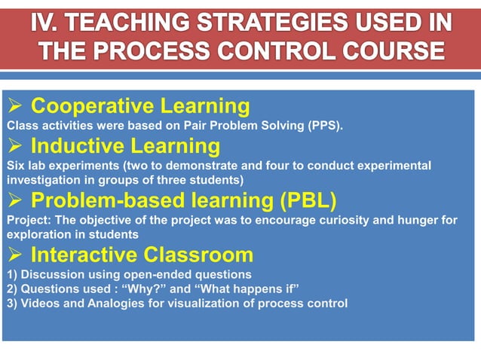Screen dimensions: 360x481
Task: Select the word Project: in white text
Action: pyautogui.click(x=27, y=221)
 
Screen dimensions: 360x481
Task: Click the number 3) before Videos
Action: pyautogui.click(x=11, y=304)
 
